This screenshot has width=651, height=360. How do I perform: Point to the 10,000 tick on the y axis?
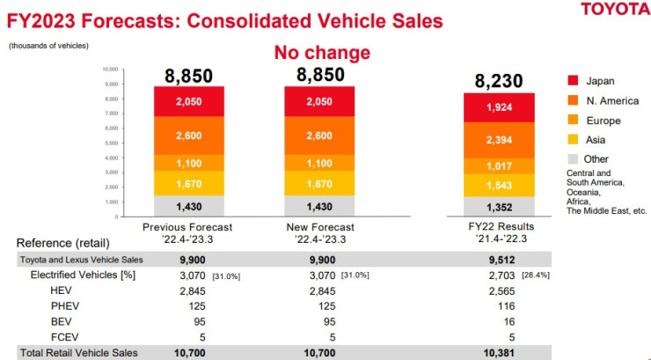(x=110, y=68)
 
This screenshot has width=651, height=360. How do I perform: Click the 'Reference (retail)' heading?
(x=58, y=243)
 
